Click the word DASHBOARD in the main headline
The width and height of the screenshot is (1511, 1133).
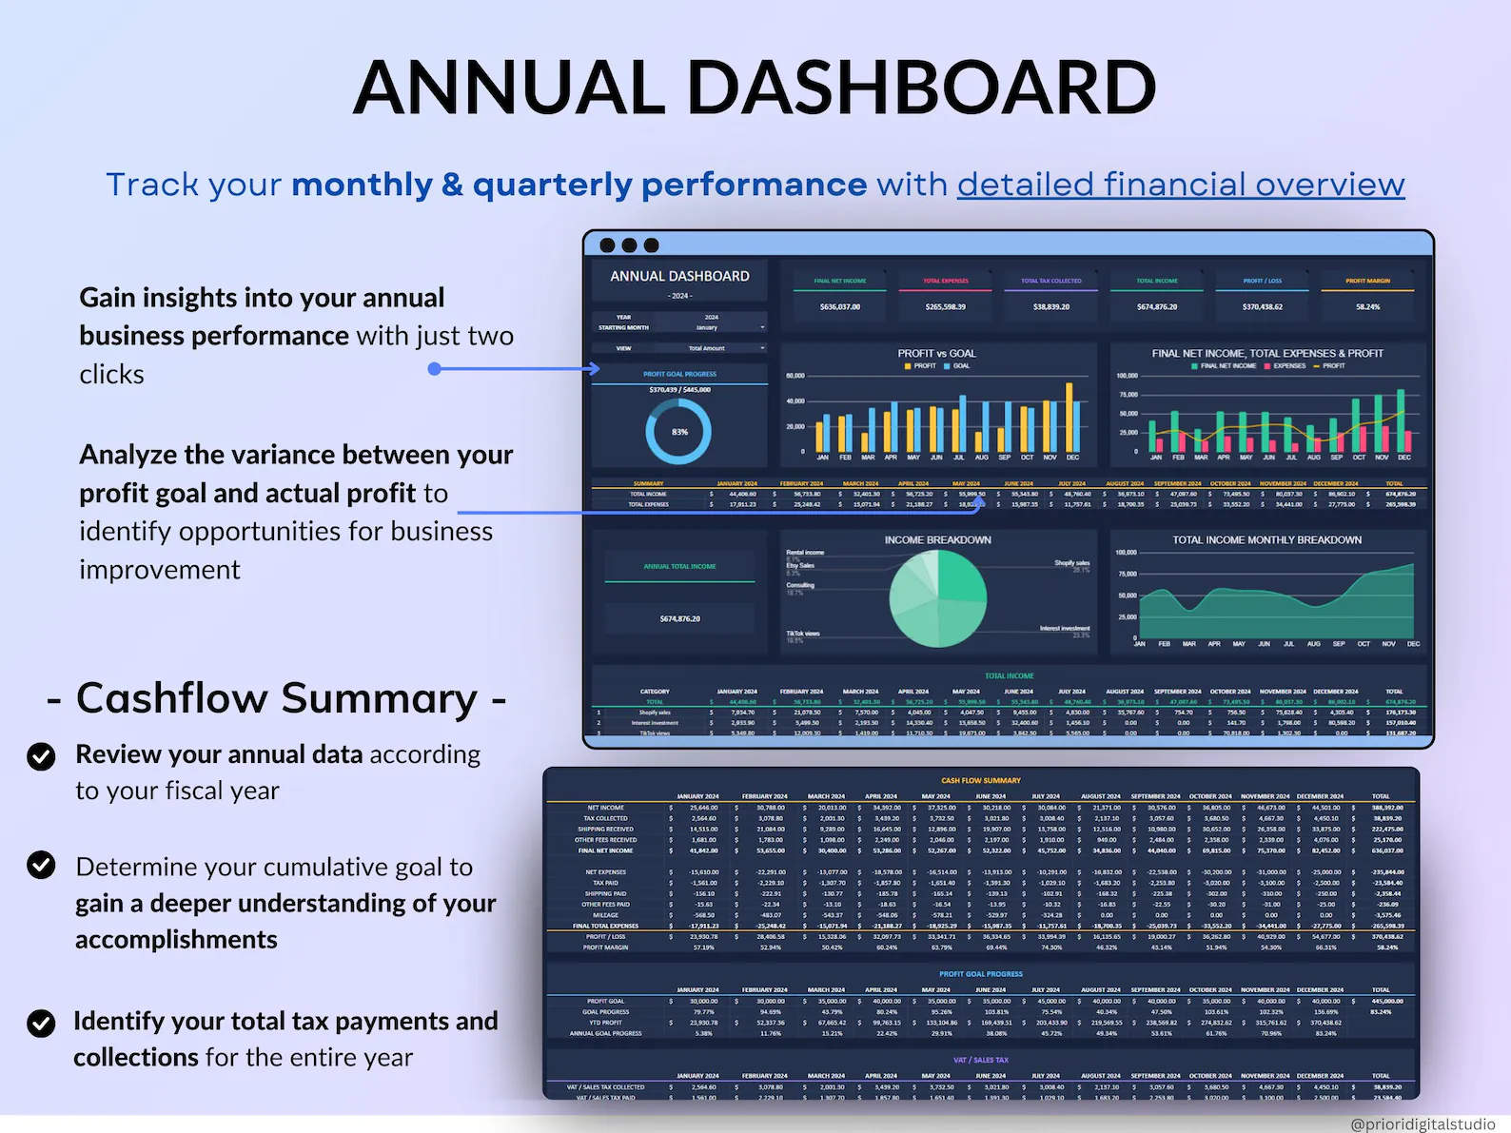click(921, 88)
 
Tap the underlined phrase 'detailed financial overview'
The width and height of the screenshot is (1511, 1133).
click(1180, 184)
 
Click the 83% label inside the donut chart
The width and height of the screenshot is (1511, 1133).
click(679, 432)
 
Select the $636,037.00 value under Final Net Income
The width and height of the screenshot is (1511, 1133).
click(839, 307)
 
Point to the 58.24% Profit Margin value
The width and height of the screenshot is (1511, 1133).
click(1367, 307)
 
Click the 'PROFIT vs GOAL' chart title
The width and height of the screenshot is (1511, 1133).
click(936, 353)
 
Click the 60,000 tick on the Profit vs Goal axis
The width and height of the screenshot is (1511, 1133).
click(795, 376)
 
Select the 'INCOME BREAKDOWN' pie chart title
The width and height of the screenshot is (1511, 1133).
click(937, 539)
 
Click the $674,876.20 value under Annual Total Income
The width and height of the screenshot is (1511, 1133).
click(679, 618)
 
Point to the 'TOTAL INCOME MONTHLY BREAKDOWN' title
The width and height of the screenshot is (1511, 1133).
click(1266, 539)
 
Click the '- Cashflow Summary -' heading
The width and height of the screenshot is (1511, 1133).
click(276, 698)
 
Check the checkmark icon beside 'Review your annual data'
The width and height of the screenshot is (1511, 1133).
click(41, 756)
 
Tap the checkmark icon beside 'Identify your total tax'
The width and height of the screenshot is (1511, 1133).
click(41, 1023)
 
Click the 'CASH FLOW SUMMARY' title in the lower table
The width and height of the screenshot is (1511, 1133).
click(980, 780)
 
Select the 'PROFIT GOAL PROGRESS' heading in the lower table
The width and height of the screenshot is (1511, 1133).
click(980, 974)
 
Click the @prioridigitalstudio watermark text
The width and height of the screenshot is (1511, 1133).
click(1422, 1123)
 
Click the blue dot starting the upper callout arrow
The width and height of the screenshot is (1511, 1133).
click(434, 368)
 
